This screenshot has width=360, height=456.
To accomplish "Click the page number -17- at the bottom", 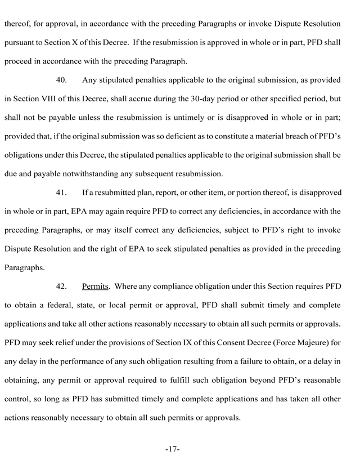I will tap(172, 449).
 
